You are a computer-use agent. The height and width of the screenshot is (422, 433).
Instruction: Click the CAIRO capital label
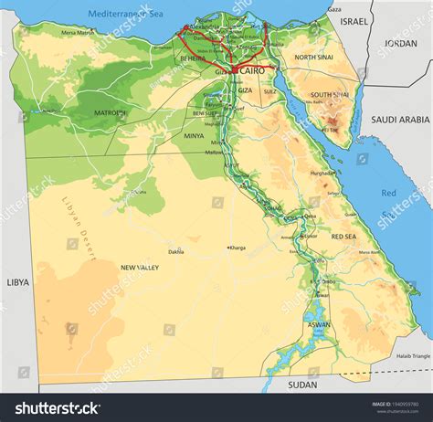[252, 71]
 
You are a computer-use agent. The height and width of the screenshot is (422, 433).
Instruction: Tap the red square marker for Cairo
[236, 69]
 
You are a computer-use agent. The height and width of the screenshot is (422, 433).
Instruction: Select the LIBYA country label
[17, 282]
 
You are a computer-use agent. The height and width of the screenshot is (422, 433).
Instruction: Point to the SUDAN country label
[302, 385]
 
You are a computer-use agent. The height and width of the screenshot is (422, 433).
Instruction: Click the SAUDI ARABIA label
[399, 120]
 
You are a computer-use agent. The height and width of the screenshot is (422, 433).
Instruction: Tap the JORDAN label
[400, 43]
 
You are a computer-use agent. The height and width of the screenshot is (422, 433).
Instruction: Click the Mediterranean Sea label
[125, 14]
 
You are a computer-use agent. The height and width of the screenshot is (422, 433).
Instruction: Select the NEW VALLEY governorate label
[140, 268]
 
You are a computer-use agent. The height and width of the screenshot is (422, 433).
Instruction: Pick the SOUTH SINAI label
[327, 95]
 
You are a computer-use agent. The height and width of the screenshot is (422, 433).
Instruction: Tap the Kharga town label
[238, 248]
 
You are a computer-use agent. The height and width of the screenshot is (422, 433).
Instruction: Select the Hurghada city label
[322, 172]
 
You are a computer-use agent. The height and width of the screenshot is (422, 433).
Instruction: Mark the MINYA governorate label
[194, 135]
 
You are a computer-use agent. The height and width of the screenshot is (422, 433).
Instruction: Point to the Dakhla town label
[176, 251]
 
